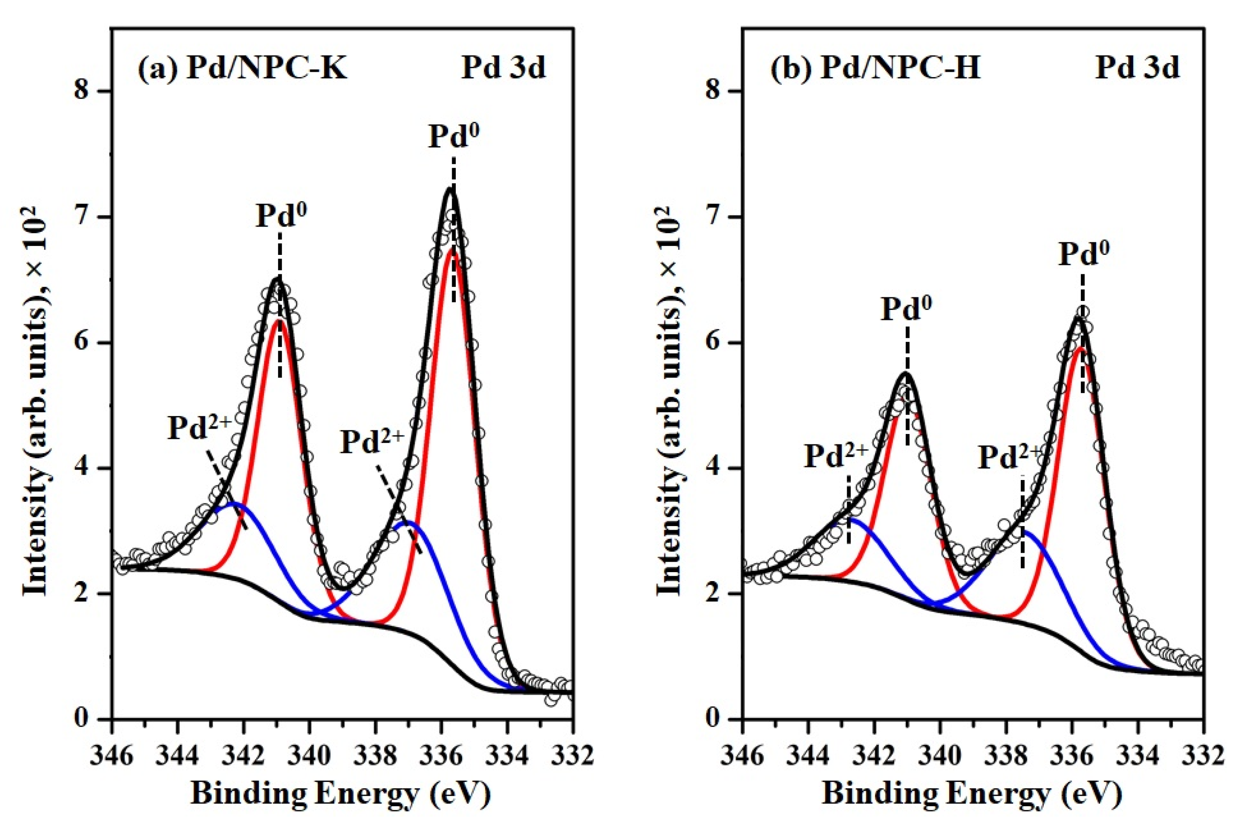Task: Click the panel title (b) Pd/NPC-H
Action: (875, 69)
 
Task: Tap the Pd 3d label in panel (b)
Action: (1137, 69)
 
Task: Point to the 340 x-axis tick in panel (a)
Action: (310, 755)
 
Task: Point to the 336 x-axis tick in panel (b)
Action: (1072, 755)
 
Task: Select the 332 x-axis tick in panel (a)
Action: (573, 755)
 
